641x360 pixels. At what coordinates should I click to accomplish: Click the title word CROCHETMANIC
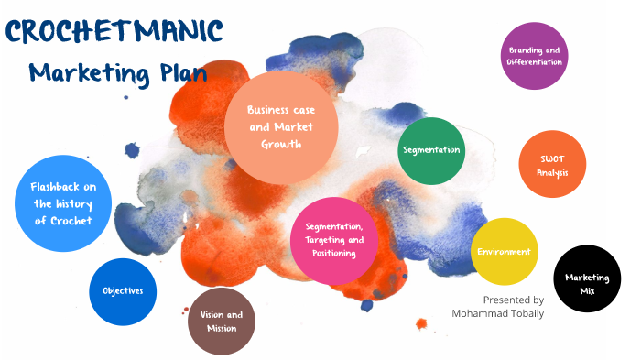pos(114,31)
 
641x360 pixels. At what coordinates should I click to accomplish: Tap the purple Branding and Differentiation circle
pos(535,56)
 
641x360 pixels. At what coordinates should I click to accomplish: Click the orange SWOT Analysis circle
pos(553,165)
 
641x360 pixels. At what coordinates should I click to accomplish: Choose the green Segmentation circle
pos(431,150)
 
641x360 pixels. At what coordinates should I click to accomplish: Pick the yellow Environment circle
pos(504,252)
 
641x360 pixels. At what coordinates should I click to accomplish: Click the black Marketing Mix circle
pos(587,279)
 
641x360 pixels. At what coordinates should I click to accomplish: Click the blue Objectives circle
pos(123,291)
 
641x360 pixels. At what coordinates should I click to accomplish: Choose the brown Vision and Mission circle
pos(222,322)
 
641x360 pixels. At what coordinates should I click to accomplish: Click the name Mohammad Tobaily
pos(497,313)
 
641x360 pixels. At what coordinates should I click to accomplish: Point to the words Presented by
pos(513,300)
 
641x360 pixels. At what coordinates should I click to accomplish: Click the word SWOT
pos(553,158)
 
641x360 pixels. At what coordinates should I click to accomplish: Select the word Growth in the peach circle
pos(280,144)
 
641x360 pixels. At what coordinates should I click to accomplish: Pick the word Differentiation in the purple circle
pos(535,62)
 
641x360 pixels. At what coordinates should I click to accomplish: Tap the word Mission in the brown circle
pos(222,329)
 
